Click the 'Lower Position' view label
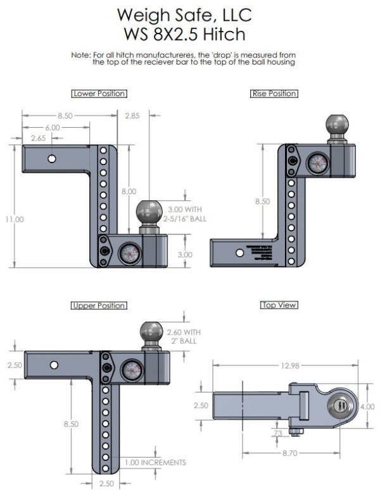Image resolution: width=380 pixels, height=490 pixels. (99, 94)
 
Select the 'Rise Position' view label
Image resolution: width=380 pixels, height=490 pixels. (274, 94)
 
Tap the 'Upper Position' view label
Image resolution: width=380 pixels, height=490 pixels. (99, 305)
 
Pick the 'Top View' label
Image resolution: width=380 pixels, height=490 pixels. (279, 305)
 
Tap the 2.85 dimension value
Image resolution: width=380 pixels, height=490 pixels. (132, 115)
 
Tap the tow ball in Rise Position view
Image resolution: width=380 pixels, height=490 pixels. (336, 125)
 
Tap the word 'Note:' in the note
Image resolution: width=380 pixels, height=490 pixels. (80, 56)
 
